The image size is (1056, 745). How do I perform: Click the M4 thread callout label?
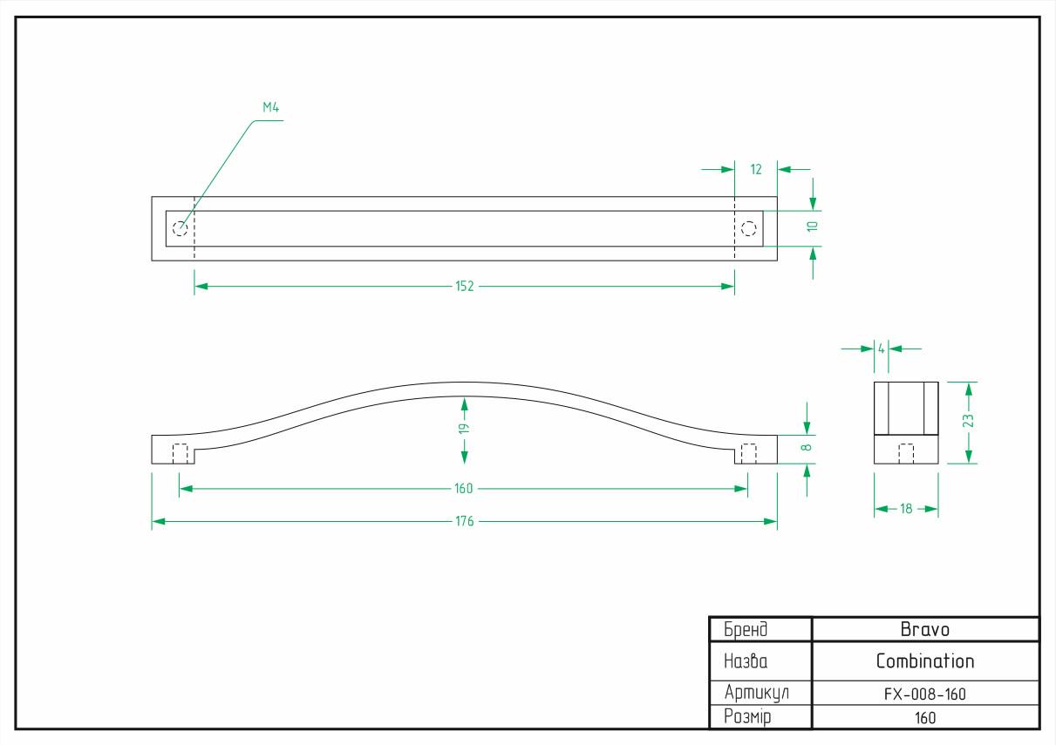(x=270, y=107)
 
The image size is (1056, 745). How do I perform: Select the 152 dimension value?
(x=465, y=287)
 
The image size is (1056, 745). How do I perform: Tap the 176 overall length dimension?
(x=465, y=521)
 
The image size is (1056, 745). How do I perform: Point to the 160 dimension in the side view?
(x=463, y=488)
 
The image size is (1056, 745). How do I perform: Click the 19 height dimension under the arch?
(x=465, y=429)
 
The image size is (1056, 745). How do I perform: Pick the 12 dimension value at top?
(x=756, y=170)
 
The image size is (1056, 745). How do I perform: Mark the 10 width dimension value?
(x=812, y=227)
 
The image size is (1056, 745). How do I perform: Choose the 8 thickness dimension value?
(x=807, y=447)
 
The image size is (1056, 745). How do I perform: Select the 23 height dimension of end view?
(x=968, y=421)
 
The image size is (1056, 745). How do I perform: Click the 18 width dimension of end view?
(x=906, y=509)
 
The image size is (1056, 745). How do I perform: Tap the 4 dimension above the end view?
(x=881, y=349)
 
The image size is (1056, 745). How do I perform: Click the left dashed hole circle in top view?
(x=181, y=229)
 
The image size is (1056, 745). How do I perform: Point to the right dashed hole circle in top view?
(x=749, y=229)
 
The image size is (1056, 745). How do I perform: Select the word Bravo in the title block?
(x=925, y=630)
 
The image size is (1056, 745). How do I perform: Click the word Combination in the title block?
(x=925, y=661)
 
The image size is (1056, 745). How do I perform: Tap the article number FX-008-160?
(x=925, y=694)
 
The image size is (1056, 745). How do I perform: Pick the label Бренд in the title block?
(x=746, y=630)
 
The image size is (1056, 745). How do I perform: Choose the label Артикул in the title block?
(x=757, y=694)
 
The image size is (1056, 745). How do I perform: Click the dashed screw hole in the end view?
(x=906, y=453)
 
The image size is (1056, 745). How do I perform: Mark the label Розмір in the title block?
(x=747, y=717)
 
